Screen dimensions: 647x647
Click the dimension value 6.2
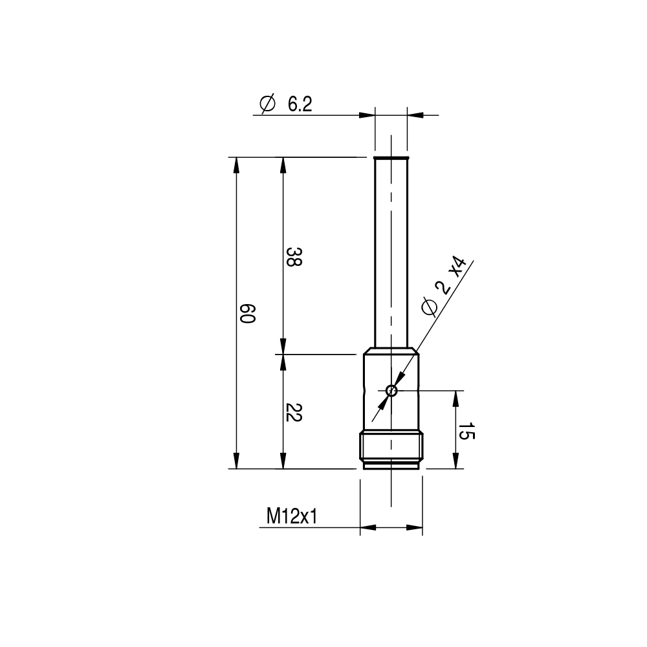pos(300,104)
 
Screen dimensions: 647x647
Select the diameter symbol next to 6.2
pos(267,104)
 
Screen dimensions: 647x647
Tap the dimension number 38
pos(294,257)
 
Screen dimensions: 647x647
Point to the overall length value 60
pos(248,314)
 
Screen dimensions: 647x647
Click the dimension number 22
pos(294,412)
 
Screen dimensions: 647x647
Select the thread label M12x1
pos(292,516)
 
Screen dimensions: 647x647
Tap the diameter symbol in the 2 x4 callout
pos(429,306)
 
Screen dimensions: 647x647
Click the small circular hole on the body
pos(391,390)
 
